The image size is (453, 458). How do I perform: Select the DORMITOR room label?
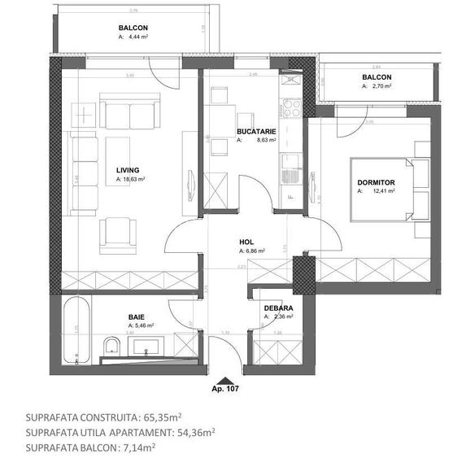(376, 183)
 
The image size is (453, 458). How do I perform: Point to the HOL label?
(246, 242)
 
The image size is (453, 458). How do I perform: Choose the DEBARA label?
(278, 308)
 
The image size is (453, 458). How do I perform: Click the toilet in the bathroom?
(112, 347)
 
